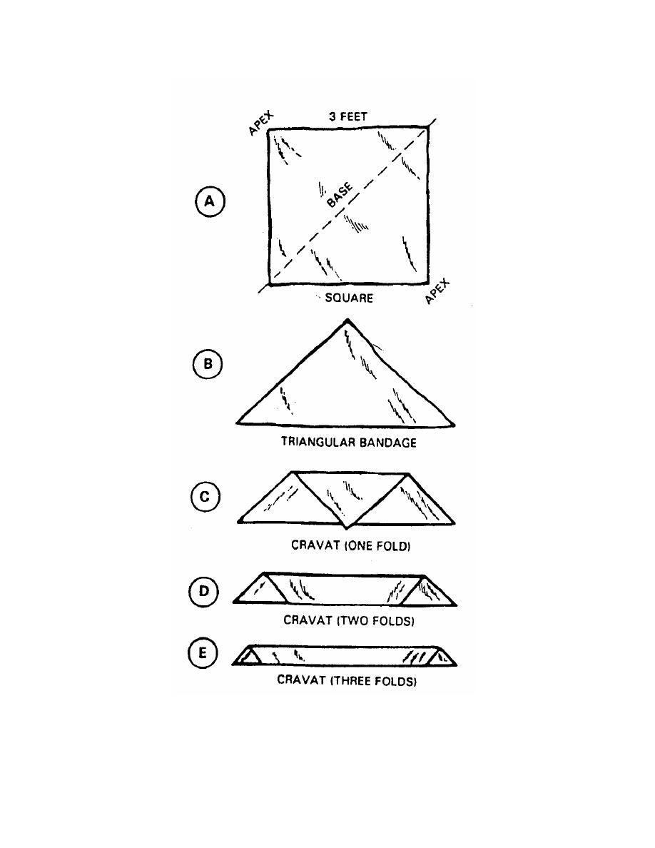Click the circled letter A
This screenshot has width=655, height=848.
coord(209,201)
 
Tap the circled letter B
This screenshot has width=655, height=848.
coord(208,363)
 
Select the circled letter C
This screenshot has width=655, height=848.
coord(205,497)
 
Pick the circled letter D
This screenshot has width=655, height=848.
coord(204,591)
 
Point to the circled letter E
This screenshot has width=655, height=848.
coord(203,653)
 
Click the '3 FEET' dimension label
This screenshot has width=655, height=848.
coord(348,116)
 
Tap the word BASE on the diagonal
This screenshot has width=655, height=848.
coord(340,195)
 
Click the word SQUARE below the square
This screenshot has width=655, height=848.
coord(349,298)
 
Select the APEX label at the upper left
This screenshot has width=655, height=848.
coord(261,123)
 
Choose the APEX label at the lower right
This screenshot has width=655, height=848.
coord(437,291)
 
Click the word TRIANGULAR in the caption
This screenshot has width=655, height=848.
coord(318,443)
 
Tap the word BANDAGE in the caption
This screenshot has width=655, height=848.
coord(387,443)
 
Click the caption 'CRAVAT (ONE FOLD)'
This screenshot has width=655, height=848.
coord(351,545)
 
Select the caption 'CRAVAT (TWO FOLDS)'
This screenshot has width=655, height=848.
coord(349,620)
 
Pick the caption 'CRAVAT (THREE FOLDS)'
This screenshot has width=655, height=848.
coord(347,680)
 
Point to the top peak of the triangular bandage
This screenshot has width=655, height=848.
coord(347,320)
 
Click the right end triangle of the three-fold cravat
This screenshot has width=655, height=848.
coord(443,657)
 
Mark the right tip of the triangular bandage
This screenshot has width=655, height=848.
coord(454,425)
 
